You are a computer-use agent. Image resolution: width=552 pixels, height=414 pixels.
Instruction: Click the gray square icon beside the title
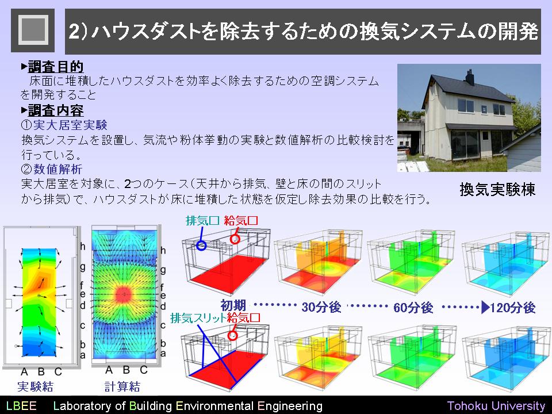point(33,30)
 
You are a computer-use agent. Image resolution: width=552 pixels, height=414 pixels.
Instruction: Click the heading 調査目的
point(56,67)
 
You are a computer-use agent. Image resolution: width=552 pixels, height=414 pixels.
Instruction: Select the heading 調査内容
point(56,110)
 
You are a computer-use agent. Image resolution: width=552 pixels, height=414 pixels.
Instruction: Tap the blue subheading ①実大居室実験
point(64,125)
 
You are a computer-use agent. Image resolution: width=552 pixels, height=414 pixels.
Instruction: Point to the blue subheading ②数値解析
point(51,169)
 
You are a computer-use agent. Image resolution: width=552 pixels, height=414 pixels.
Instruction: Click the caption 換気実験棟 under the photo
point(497,189)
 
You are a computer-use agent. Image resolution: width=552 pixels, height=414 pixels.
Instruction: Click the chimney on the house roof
point(470,76)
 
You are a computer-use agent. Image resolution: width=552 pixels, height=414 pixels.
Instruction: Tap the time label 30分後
point(321,307)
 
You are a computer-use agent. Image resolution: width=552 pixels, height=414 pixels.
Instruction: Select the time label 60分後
point(413,307)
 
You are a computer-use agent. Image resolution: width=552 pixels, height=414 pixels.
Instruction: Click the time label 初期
point(233,305)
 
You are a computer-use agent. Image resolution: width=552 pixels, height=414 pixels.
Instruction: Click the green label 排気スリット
point(198,318)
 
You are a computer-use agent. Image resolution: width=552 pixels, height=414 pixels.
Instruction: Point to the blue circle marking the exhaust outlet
point(201,246)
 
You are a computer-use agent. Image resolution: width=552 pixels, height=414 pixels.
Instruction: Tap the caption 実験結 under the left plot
point(35,386)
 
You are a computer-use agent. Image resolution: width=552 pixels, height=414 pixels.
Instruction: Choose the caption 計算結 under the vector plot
point(122,386)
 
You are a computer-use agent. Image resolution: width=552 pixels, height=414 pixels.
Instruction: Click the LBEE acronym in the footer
point(21,405)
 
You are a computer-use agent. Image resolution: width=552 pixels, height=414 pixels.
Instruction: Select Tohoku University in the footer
point(496,405)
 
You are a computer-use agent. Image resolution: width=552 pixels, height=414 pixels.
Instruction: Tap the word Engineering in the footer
point(290,406)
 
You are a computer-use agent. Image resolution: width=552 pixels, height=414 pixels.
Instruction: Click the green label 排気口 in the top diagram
point(203,221)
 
